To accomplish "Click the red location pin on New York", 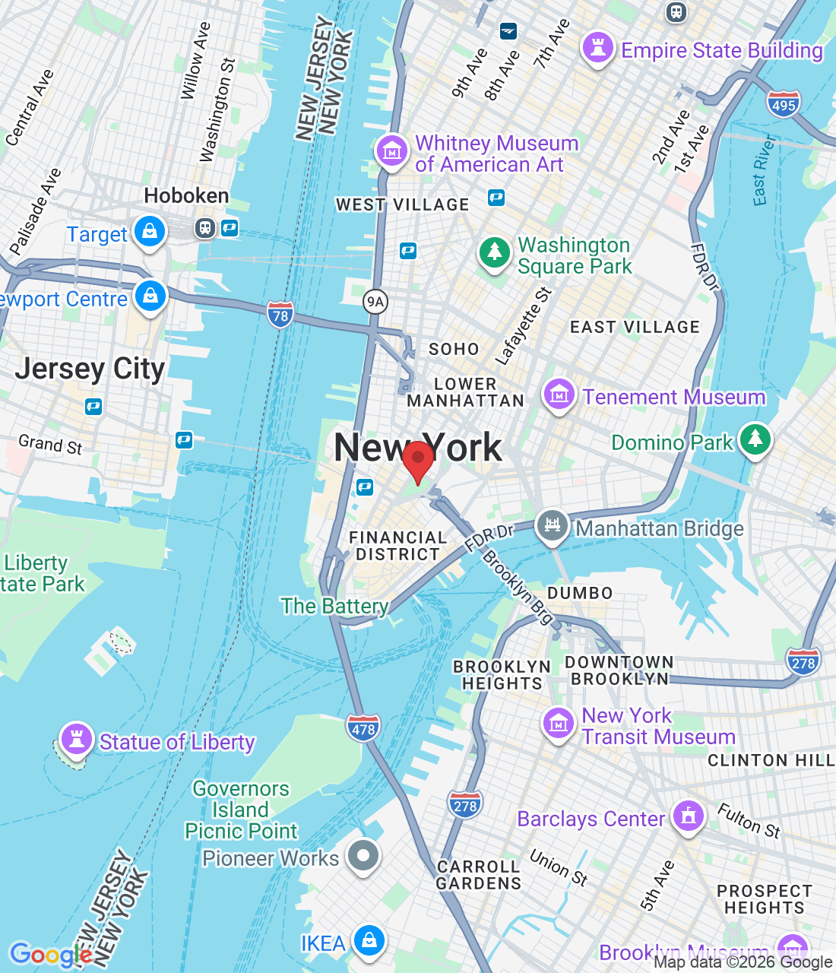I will [417, 459].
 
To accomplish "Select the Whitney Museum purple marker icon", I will [392, 151].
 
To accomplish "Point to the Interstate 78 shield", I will [280, 315].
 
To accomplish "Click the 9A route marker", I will [375, 302].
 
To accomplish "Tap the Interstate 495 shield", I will [784, 105].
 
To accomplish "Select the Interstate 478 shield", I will [363, 729].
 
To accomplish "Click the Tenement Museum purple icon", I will [559, 395].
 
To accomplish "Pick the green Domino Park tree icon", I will [755, 439].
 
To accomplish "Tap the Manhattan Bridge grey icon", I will [553, 525].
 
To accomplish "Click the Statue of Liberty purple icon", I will [76, 737].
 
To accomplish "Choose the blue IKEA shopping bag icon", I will [369, 940].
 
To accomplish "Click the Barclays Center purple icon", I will [689, 816].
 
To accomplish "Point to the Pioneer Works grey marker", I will [363, 856].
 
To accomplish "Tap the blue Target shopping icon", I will [150, 230].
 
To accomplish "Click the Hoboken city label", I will [186, 195].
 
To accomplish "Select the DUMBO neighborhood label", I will [580, 593].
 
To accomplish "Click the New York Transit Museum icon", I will [559, 723].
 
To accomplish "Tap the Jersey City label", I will [90, 369].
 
